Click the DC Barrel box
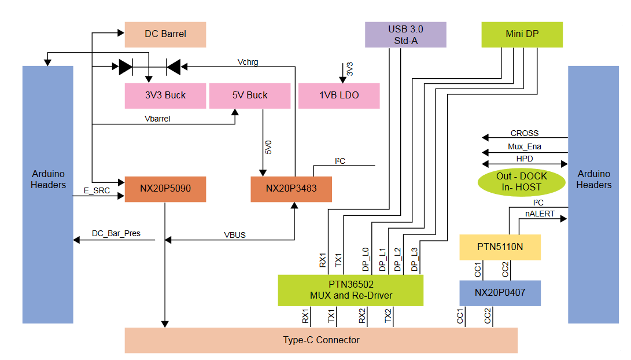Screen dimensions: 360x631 [x=165, y=34]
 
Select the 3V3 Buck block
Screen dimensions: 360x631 [x=165, y=95]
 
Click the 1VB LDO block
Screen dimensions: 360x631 [x=339, y=95]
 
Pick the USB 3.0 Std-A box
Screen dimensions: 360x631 [x=405, y=34]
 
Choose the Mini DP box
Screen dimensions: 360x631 [x=522, y=34]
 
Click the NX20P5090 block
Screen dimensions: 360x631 [x=165, y=189]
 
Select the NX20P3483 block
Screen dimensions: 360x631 [x=291, y=189]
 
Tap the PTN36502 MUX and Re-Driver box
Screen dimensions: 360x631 [x=350, y=290]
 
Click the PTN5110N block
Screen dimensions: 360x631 [x=500, y=247]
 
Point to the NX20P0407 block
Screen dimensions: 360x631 [x=500, y=293]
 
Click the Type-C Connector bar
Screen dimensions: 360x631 [x=321, y=340]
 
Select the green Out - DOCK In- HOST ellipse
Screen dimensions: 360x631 [x=522, y=182]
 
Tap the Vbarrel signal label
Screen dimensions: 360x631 [x=157, y=119]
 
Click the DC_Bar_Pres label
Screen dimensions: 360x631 [x=116, y=234]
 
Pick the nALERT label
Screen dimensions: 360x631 [x=540, y=214]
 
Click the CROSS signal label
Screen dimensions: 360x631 [x=524, y=134]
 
